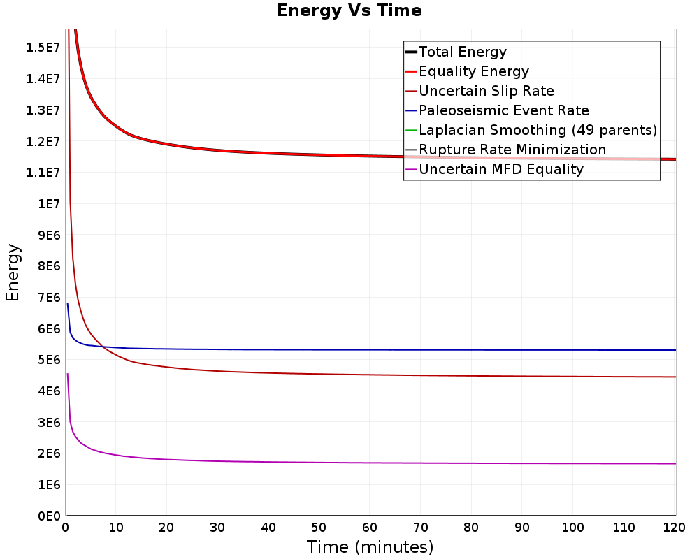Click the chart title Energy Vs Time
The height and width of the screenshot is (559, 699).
(x=349, y=10)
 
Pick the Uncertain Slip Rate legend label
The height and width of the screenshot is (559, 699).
(x=487, y=91)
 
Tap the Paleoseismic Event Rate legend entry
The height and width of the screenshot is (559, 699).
(x=504, y=110)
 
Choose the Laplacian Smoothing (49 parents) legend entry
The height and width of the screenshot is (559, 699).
(x=538, y=130)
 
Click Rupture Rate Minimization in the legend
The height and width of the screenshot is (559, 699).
(x=512, y=150)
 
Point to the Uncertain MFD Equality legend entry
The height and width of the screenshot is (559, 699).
(x=501, y=169)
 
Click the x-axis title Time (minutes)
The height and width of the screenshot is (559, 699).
(x=370, y=547)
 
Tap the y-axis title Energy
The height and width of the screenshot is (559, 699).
(x=13, y=273)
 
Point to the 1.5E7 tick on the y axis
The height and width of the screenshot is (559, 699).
(x=43, y=48)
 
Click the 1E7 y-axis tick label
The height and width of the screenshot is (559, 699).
(x=49, y=204)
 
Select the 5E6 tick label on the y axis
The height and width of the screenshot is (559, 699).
(x=49, y=360)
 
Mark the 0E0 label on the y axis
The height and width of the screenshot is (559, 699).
(x=49, y=516)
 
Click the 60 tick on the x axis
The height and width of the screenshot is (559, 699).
(x=370, y=528)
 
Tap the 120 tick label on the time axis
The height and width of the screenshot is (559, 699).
(x=674, y=528)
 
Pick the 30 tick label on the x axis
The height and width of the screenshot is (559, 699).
(x=217, y=528)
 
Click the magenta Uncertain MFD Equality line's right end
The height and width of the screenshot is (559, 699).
(x=676, y=463)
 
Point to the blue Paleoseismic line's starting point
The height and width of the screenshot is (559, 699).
(x=67, y=304)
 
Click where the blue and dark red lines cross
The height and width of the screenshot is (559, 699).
(x=102, y=347)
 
